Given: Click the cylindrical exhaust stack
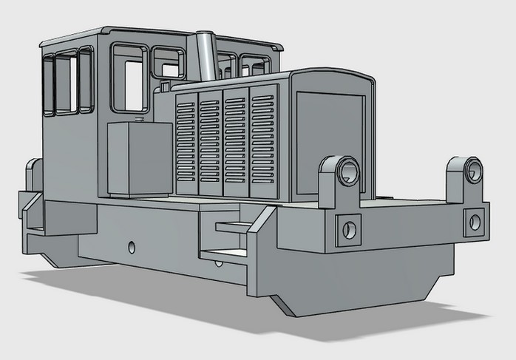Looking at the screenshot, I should [205, 56].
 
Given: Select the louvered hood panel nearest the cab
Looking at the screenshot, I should [186, 140].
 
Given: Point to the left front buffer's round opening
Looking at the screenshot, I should [347, 173].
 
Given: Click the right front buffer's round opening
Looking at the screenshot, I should [473, 172].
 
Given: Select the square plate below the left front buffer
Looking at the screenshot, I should [348, 230].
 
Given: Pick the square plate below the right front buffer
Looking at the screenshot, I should [474, 222].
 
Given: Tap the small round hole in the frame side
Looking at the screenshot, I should [132, 247].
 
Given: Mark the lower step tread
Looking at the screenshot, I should [223, 255].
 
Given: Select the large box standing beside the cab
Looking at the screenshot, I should [139, 158].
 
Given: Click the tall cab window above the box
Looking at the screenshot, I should [131, 78].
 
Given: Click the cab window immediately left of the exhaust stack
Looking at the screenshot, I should [169, 62].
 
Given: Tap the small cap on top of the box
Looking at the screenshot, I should [138, 119].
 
